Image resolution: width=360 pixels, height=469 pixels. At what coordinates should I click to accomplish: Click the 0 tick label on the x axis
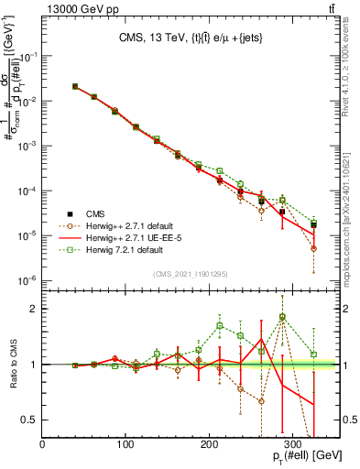point(43,445)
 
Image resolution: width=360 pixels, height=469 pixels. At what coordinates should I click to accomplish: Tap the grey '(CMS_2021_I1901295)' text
point(190,274)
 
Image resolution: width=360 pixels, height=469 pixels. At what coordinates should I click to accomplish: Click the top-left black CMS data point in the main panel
point(75,86)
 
